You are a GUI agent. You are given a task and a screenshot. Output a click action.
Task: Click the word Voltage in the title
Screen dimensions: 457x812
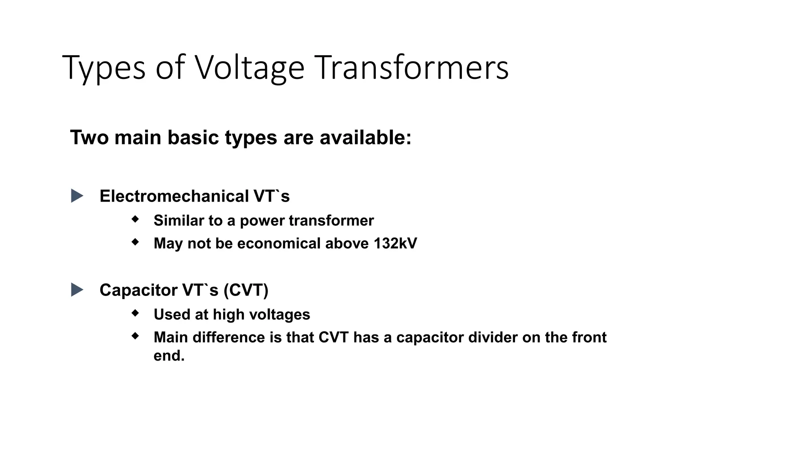click(x=249, y=68)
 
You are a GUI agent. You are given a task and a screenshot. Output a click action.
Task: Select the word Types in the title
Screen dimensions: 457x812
click(x=104, y=68)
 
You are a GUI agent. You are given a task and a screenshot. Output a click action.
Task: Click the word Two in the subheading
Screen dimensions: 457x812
click(x=90, y=138)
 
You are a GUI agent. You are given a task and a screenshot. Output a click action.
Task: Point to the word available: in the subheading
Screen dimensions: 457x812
click(x=366, y=138)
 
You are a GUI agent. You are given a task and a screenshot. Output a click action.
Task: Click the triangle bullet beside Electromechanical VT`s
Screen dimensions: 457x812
click(x=77, y=196)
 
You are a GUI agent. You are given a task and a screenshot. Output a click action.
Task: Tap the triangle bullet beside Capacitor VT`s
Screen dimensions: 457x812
click(x=77, y=290)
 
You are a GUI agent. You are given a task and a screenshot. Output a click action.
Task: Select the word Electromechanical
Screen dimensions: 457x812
click(x=174, y=196)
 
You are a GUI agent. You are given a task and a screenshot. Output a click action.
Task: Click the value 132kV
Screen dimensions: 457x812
click(x=395, y=244)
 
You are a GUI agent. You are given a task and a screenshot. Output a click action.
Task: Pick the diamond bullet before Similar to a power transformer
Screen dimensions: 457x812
click(x=136, y=219)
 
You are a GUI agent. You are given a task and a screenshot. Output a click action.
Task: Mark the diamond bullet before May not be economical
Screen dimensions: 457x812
click(x=136, y=242)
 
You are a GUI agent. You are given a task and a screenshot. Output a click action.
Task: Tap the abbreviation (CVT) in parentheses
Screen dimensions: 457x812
click(x=246, y=290)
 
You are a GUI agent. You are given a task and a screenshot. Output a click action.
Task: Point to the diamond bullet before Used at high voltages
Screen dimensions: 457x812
click(x=136, y=313)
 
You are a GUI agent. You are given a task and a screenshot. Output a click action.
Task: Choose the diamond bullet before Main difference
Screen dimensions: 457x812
click(x=136, y=336)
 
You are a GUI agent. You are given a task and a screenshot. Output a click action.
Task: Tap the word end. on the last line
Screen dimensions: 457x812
click(x=169, y=356)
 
